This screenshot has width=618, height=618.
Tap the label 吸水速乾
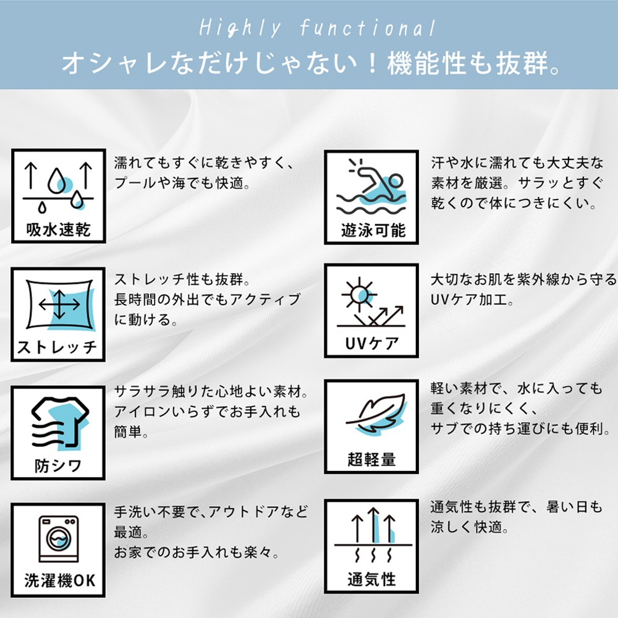(59, 231)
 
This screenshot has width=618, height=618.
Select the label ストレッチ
(57, 347)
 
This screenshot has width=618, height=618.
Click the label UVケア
(371, 344)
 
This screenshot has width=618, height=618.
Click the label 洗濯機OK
(60, 580)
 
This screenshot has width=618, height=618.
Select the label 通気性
(371, 580)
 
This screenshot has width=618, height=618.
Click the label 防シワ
(58, 465)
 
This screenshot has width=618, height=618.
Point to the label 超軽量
(371, 459)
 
